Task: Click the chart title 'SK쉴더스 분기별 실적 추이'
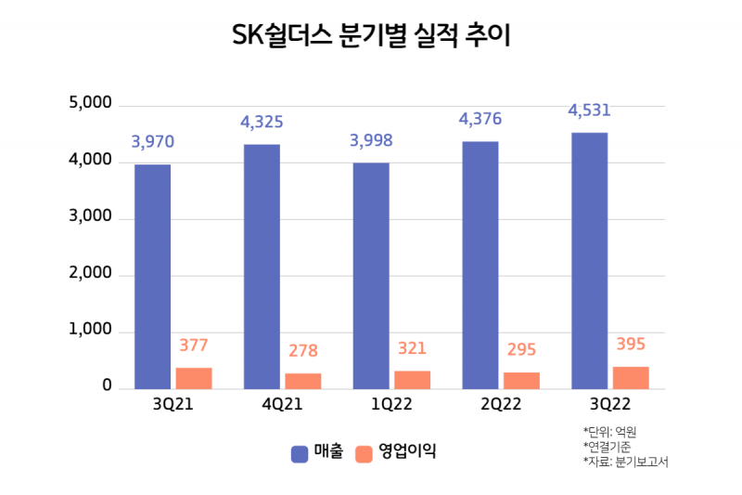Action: (371, 38)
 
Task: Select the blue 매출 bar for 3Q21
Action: (152, 277)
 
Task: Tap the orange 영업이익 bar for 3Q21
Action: (194, 378)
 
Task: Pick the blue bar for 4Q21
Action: (262, 267)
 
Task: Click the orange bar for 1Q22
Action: (412, 380)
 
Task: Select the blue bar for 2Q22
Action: (480, 265)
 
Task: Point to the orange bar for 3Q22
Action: (631, 377)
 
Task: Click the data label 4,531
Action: (589, 111)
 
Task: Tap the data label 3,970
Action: (152, 142)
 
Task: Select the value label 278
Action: (302, 351)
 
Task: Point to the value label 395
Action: (631, 345)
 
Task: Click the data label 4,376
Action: (480, 119)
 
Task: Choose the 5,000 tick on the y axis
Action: (90, 104)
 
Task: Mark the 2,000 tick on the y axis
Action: (90, 275)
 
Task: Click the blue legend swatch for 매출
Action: (300, 453)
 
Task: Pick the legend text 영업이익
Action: (406, 453)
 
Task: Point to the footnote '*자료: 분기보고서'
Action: (625, 461)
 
